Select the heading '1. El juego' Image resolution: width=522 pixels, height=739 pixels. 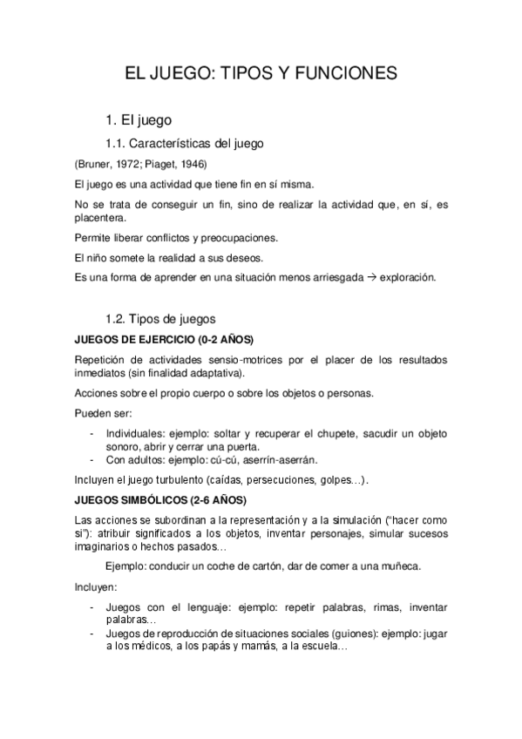[x=139, y=119]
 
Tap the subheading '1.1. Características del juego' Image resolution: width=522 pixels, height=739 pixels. [x=184, y=143]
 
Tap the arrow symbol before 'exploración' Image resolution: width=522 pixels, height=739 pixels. [x=371, y=278]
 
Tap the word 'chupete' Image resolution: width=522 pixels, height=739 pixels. [x=340, y=433]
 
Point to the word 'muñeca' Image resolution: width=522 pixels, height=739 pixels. [x=402, y=566]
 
